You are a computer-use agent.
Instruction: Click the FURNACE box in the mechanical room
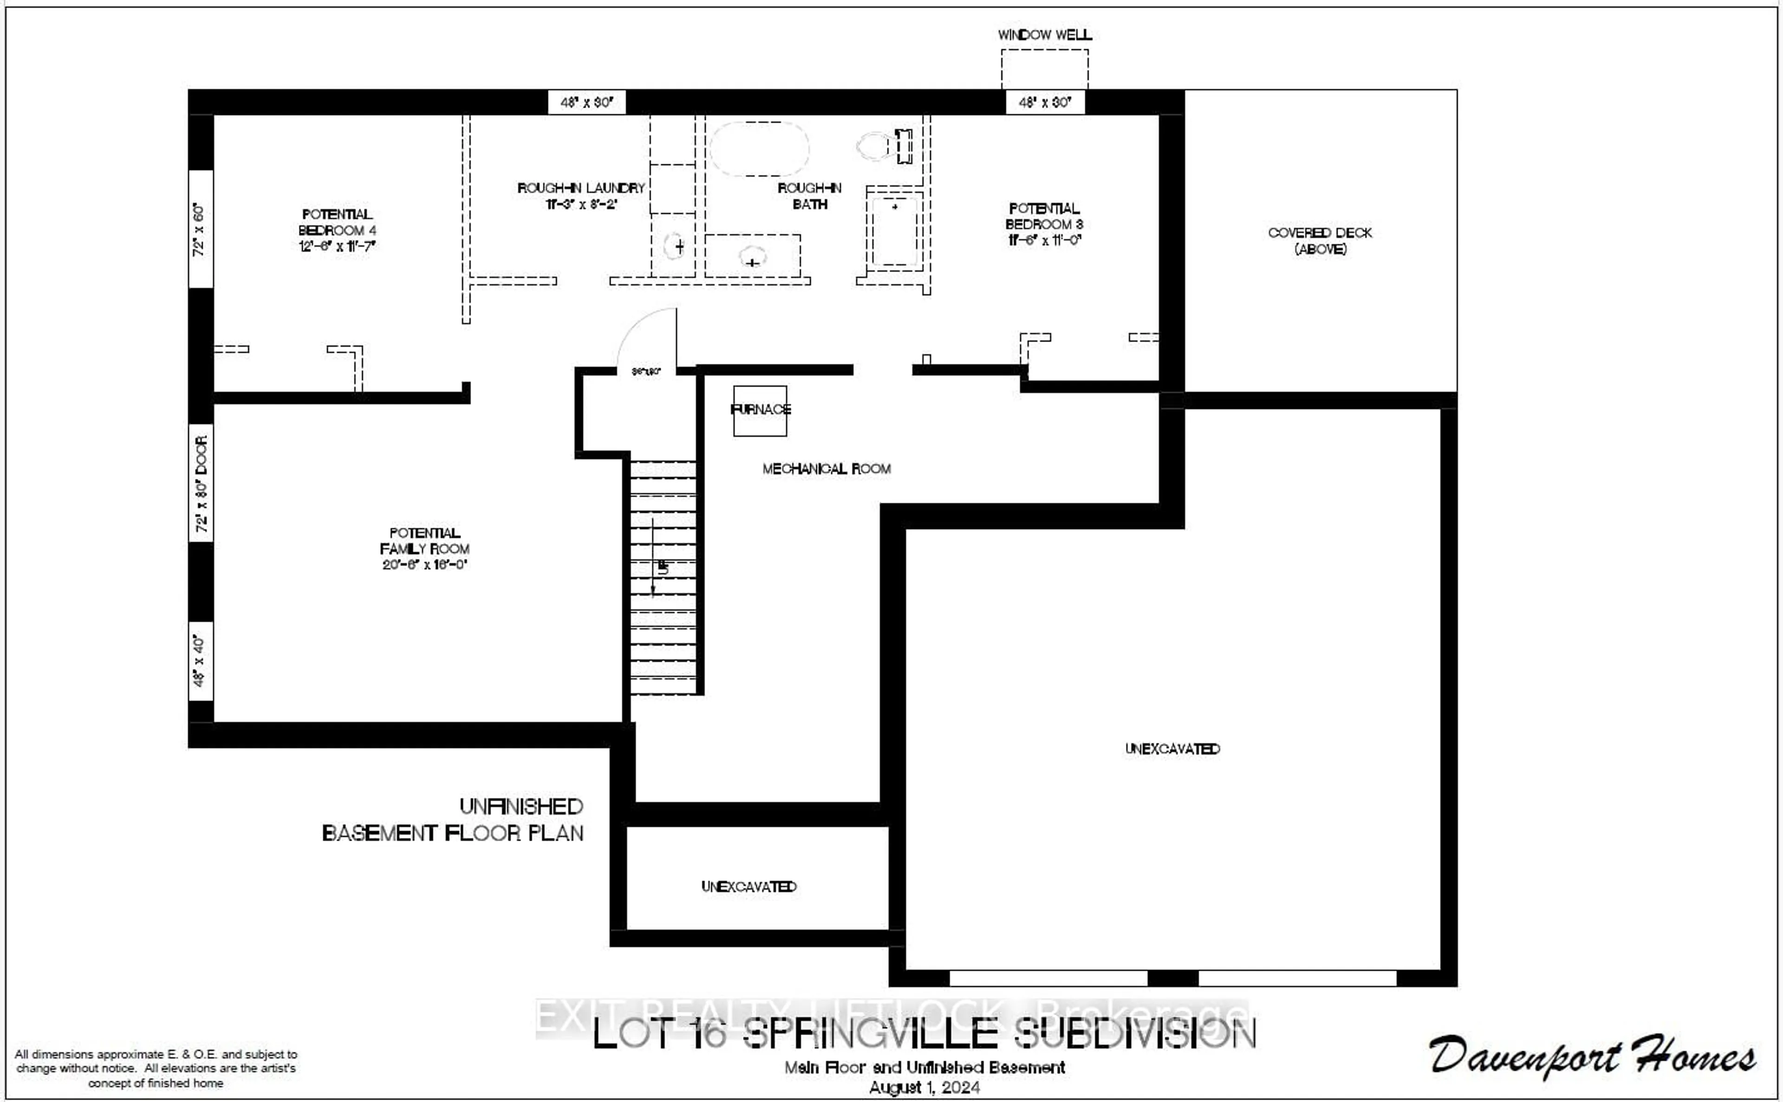pyautogui.click(x=760, y=410)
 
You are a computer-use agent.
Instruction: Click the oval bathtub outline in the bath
pyautogui.click(x=759, y=148)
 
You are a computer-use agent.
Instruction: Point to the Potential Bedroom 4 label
pyautogui.click(x=337, y=230)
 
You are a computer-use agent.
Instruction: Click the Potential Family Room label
pyautogui.click(x=424, y=548)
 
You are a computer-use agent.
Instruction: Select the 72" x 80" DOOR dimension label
pyautogui.click(x=201, y=483)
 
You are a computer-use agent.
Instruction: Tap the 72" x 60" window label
pyautogui.click(x=200, y=229)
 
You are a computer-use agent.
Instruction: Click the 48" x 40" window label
pyautogui.click(x=200, y=661)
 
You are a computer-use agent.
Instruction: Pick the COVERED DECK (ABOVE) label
pyautogui.click(x=1320, y=240)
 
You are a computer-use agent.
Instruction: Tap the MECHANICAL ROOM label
pyautogui.click(x=826, y=469)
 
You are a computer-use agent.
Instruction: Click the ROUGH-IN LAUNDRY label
pyautogui.click(x=581, y=195)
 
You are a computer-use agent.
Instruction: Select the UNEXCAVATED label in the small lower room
pyautogui.click(x=748, y=886)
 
